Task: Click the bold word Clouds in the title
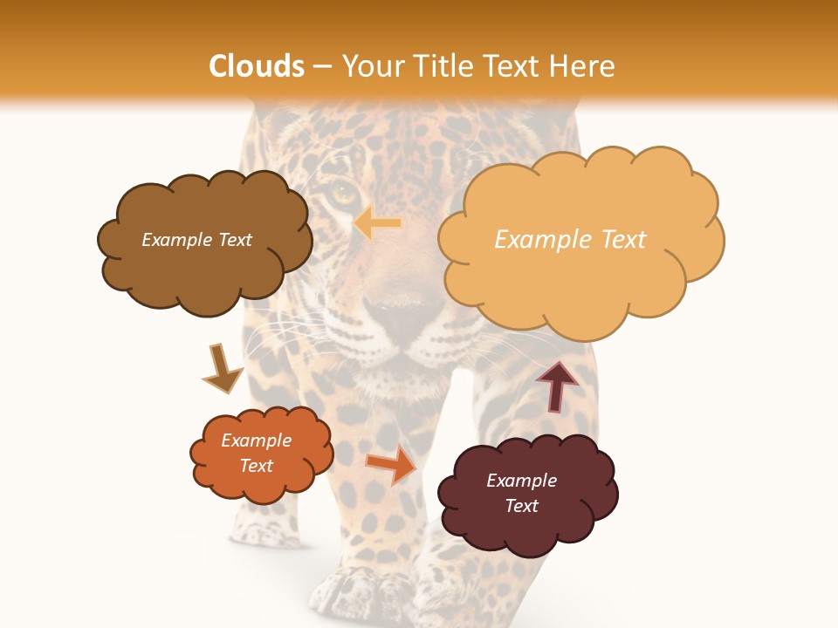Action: tap(257, 66)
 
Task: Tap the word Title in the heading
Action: tap(439, 66)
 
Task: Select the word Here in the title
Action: tap(583, 66)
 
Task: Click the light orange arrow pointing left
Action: tap(377, 223)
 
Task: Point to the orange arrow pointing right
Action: tap(391, 464)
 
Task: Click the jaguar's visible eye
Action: tap(343, 193)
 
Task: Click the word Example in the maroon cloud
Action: tap(521, 481)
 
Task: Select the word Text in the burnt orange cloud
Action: tap(257, 466)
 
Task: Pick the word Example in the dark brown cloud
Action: tap(175, 240)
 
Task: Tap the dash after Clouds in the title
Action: tap(323, 66)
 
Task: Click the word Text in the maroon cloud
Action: tap(521, 506)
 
